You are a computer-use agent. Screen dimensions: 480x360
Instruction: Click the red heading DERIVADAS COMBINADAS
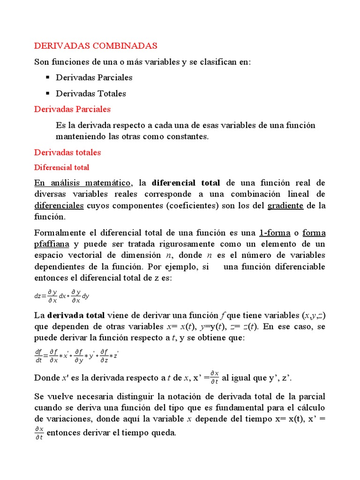96,46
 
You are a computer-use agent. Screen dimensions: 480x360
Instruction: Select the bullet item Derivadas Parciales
94,77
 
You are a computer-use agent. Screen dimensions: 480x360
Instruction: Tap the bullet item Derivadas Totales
91,93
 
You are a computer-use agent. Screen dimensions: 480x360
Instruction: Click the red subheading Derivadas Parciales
73,109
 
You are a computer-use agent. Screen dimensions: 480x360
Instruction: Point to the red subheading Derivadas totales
67,152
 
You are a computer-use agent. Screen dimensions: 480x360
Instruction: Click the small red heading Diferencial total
62,167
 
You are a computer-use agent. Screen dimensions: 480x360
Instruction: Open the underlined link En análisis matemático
83,183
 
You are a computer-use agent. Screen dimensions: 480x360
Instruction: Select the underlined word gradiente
285,206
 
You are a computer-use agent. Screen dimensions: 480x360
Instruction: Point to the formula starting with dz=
62,296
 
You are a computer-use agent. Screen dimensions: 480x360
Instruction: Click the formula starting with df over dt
77,356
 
